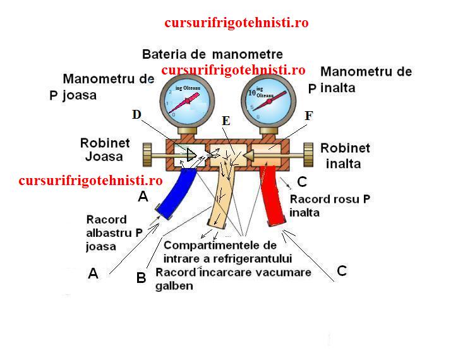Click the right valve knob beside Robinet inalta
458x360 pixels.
(x=309, y=153)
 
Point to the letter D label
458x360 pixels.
(x=136, y=114)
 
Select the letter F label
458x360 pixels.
(x=308, y=116)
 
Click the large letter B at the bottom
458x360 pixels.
(x=142, y=277)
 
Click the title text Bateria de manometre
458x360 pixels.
(x=212, y=54)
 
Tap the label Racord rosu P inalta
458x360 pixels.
(x=329, y=206)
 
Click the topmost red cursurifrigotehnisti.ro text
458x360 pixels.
(x=236, y=23)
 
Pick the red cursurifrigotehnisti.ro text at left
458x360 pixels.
(x=90, y=181)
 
